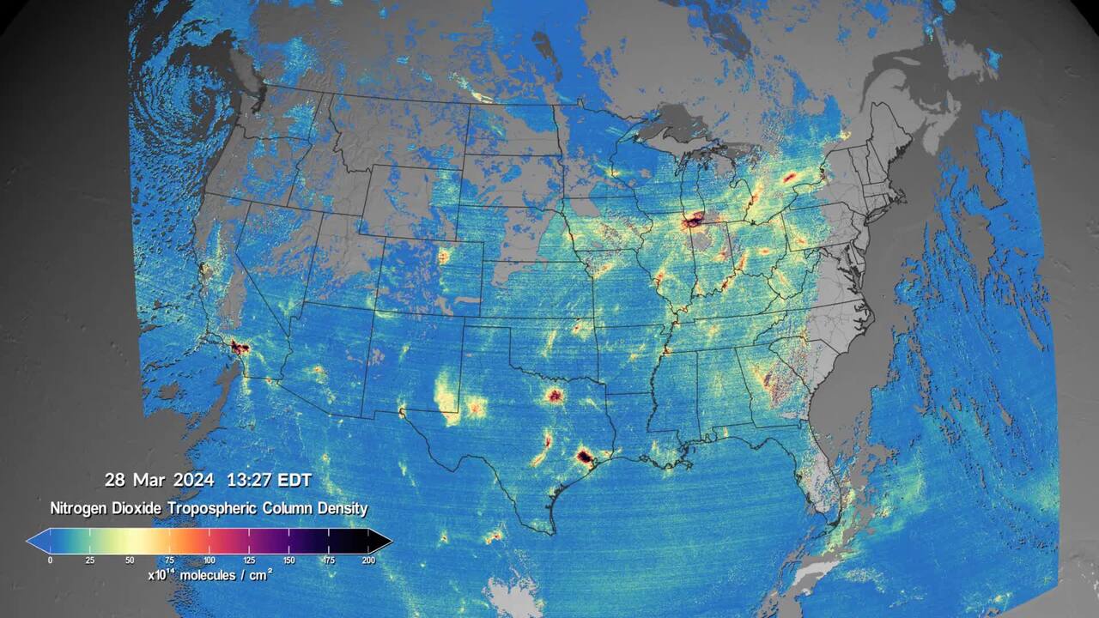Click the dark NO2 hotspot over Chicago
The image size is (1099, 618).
pyautogui.click(x=693, y=221)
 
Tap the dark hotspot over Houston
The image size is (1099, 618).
pyautogui.click(x=585, y=457)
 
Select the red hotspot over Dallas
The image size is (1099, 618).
pyautogui.click(x=555, y=396)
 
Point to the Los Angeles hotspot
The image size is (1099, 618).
pyautogui.click(x=239, y=348)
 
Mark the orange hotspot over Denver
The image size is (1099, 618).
pyautogui.click(x=444, y=256)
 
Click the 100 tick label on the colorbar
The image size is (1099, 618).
pyautogui.click(x=209, y=560)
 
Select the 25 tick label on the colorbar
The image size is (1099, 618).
pyautogui.click(x=89, y=560)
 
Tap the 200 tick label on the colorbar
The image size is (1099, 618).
pyautogui.click(x=368, y=560)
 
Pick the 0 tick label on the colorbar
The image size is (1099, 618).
pyautogui.click(x=50, y=560)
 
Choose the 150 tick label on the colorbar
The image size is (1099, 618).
pyautogui.click(x=288, y=560)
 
